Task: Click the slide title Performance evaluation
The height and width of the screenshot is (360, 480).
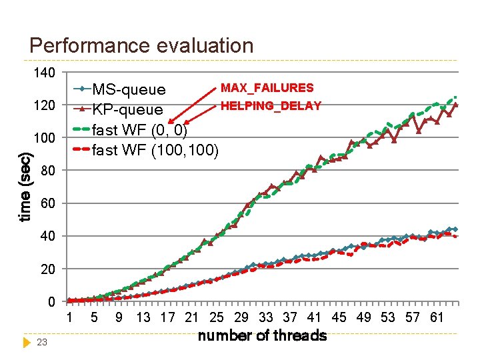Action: [x=141, y=45]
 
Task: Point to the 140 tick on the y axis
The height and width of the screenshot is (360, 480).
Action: [x=45, y=73]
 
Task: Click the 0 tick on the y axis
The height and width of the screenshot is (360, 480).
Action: [x=51, y=302]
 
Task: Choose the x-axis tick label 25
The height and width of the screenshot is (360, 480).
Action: [x=217, y=318]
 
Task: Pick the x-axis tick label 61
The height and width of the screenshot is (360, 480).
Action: [x=437, y=318]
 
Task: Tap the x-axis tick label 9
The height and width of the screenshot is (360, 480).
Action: [x=119, y=318]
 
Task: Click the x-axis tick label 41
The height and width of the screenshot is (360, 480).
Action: [x=315, y=318]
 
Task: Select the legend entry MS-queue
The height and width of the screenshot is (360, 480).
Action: [x=129, y=89]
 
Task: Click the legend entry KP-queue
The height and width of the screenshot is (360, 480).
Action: [x=127, y=109]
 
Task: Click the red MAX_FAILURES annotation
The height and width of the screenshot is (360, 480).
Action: [x=267, y=88]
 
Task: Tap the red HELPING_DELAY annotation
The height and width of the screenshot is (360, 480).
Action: [x=271, y=105]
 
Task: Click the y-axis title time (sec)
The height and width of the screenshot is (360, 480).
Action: [x=25, y=187]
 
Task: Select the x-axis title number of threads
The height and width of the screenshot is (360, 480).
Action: [x=262, y=335]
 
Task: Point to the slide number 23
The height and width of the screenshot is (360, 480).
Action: [x=41, y=343]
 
